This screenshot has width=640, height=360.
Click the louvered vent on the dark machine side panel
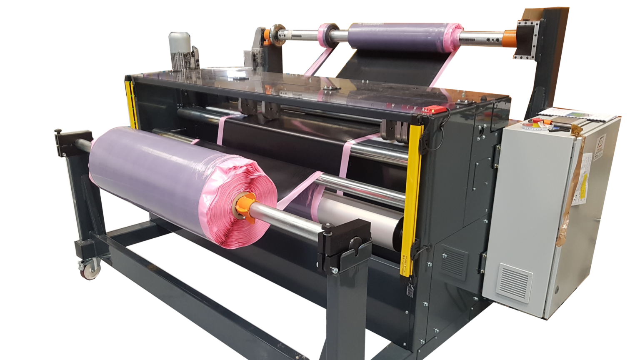click(x=453, y=260)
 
